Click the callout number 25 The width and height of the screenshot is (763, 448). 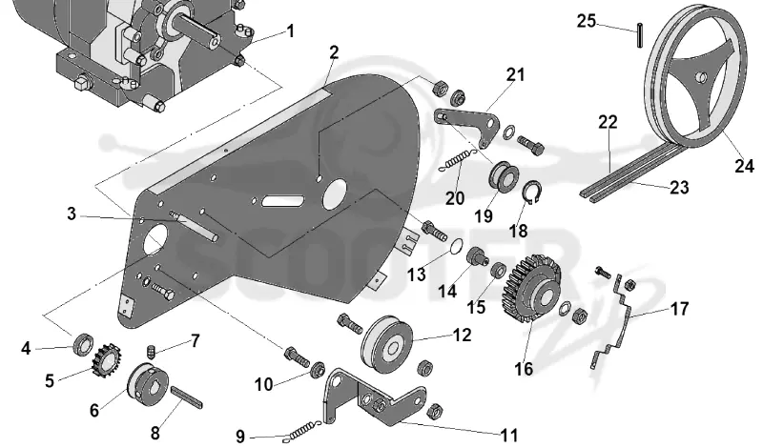587,21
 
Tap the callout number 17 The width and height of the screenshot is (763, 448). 679,309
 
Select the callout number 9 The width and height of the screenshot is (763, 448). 240,437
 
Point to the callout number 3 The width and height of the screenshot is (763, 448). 72,214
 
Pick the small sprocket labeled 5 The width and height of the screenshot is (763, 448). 106,359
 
